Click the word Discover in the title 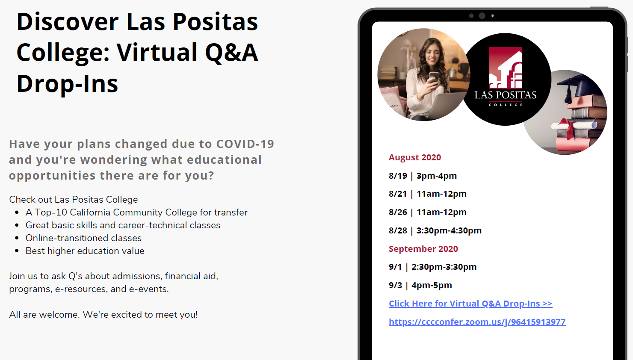68,22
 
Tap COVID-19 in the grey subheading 246,144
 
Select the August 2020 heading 415,157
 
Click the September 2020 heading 423,249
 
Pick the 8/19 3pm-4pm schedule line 423,176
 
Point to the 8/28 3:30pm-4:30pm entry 435,230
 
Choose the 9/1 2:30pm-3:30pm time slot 433,267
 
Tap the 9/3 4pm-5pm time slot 420,286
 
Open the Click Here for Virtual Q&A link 470,304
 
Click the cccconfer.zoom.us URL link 477,322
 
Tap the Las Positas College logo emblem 506,68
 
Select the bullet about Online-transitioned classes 84,238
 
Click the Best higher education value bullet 85,251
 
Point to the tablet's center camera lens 482,16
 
